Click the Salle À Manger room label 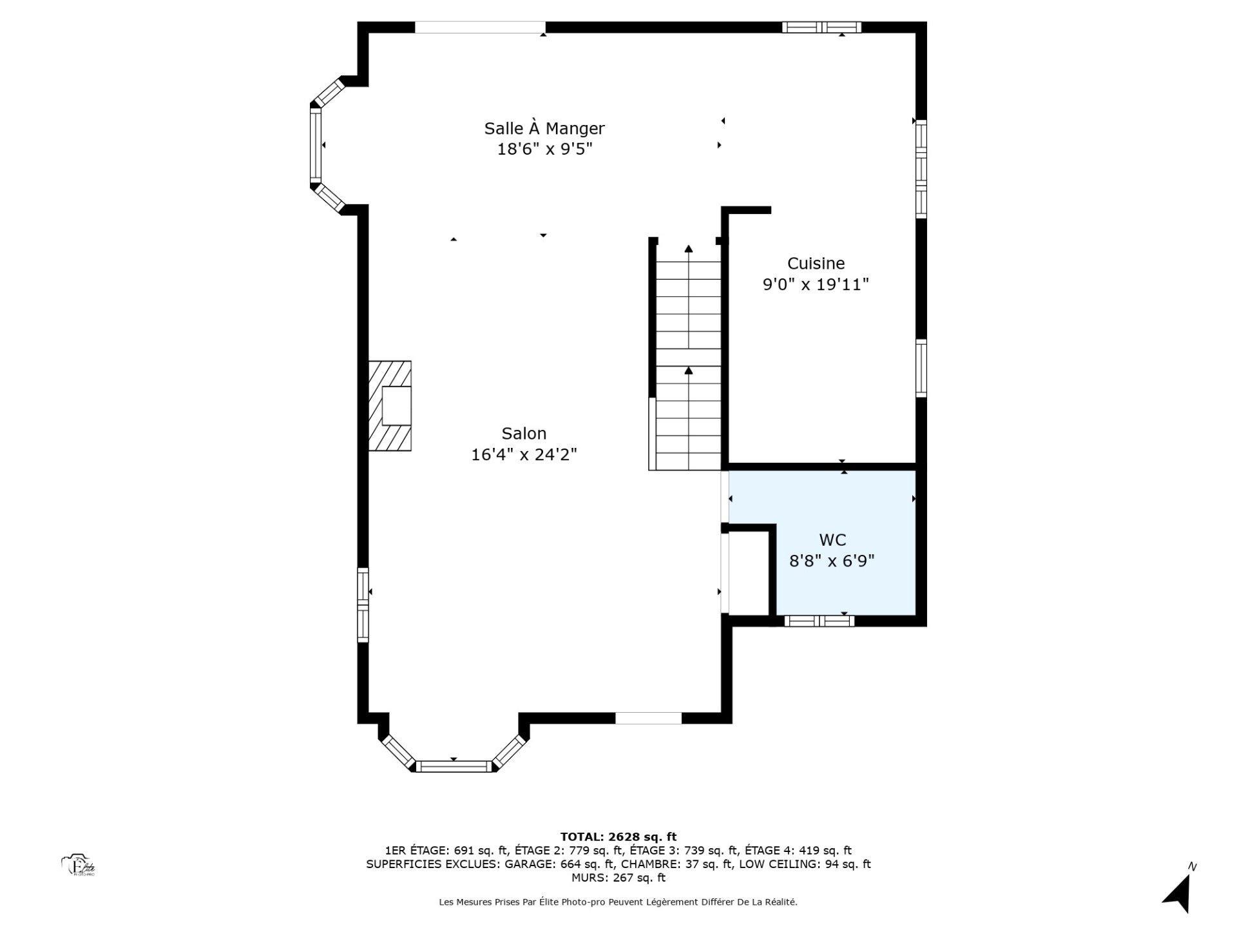(x=544, y=128)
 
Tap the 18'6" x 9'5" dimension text (x=544, y=150)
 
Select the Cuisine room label (x=816, y=263)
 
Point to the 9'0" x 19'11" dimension (x=816, y=284)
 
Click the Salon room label (x=524, y=434)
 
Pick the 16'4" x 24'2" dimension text (x=524, y=455)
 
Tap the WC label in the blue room (x=832, y=539)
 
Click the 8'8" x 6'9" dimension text (x=832, y=561)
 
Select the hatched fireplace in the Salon (x=390, y=406)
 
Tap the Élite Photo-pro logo (x=79, y=865)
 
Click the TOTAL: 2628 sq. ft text (x=618, y=836)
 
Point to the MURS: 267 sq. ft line (x=618, y=878)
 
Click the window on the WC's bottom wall (x=819, y=621)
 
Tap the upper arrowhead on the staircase (x=689, y=249)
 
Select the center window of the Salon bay (x=454, y=766)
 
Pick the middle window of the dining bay (x=316, y=145)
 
